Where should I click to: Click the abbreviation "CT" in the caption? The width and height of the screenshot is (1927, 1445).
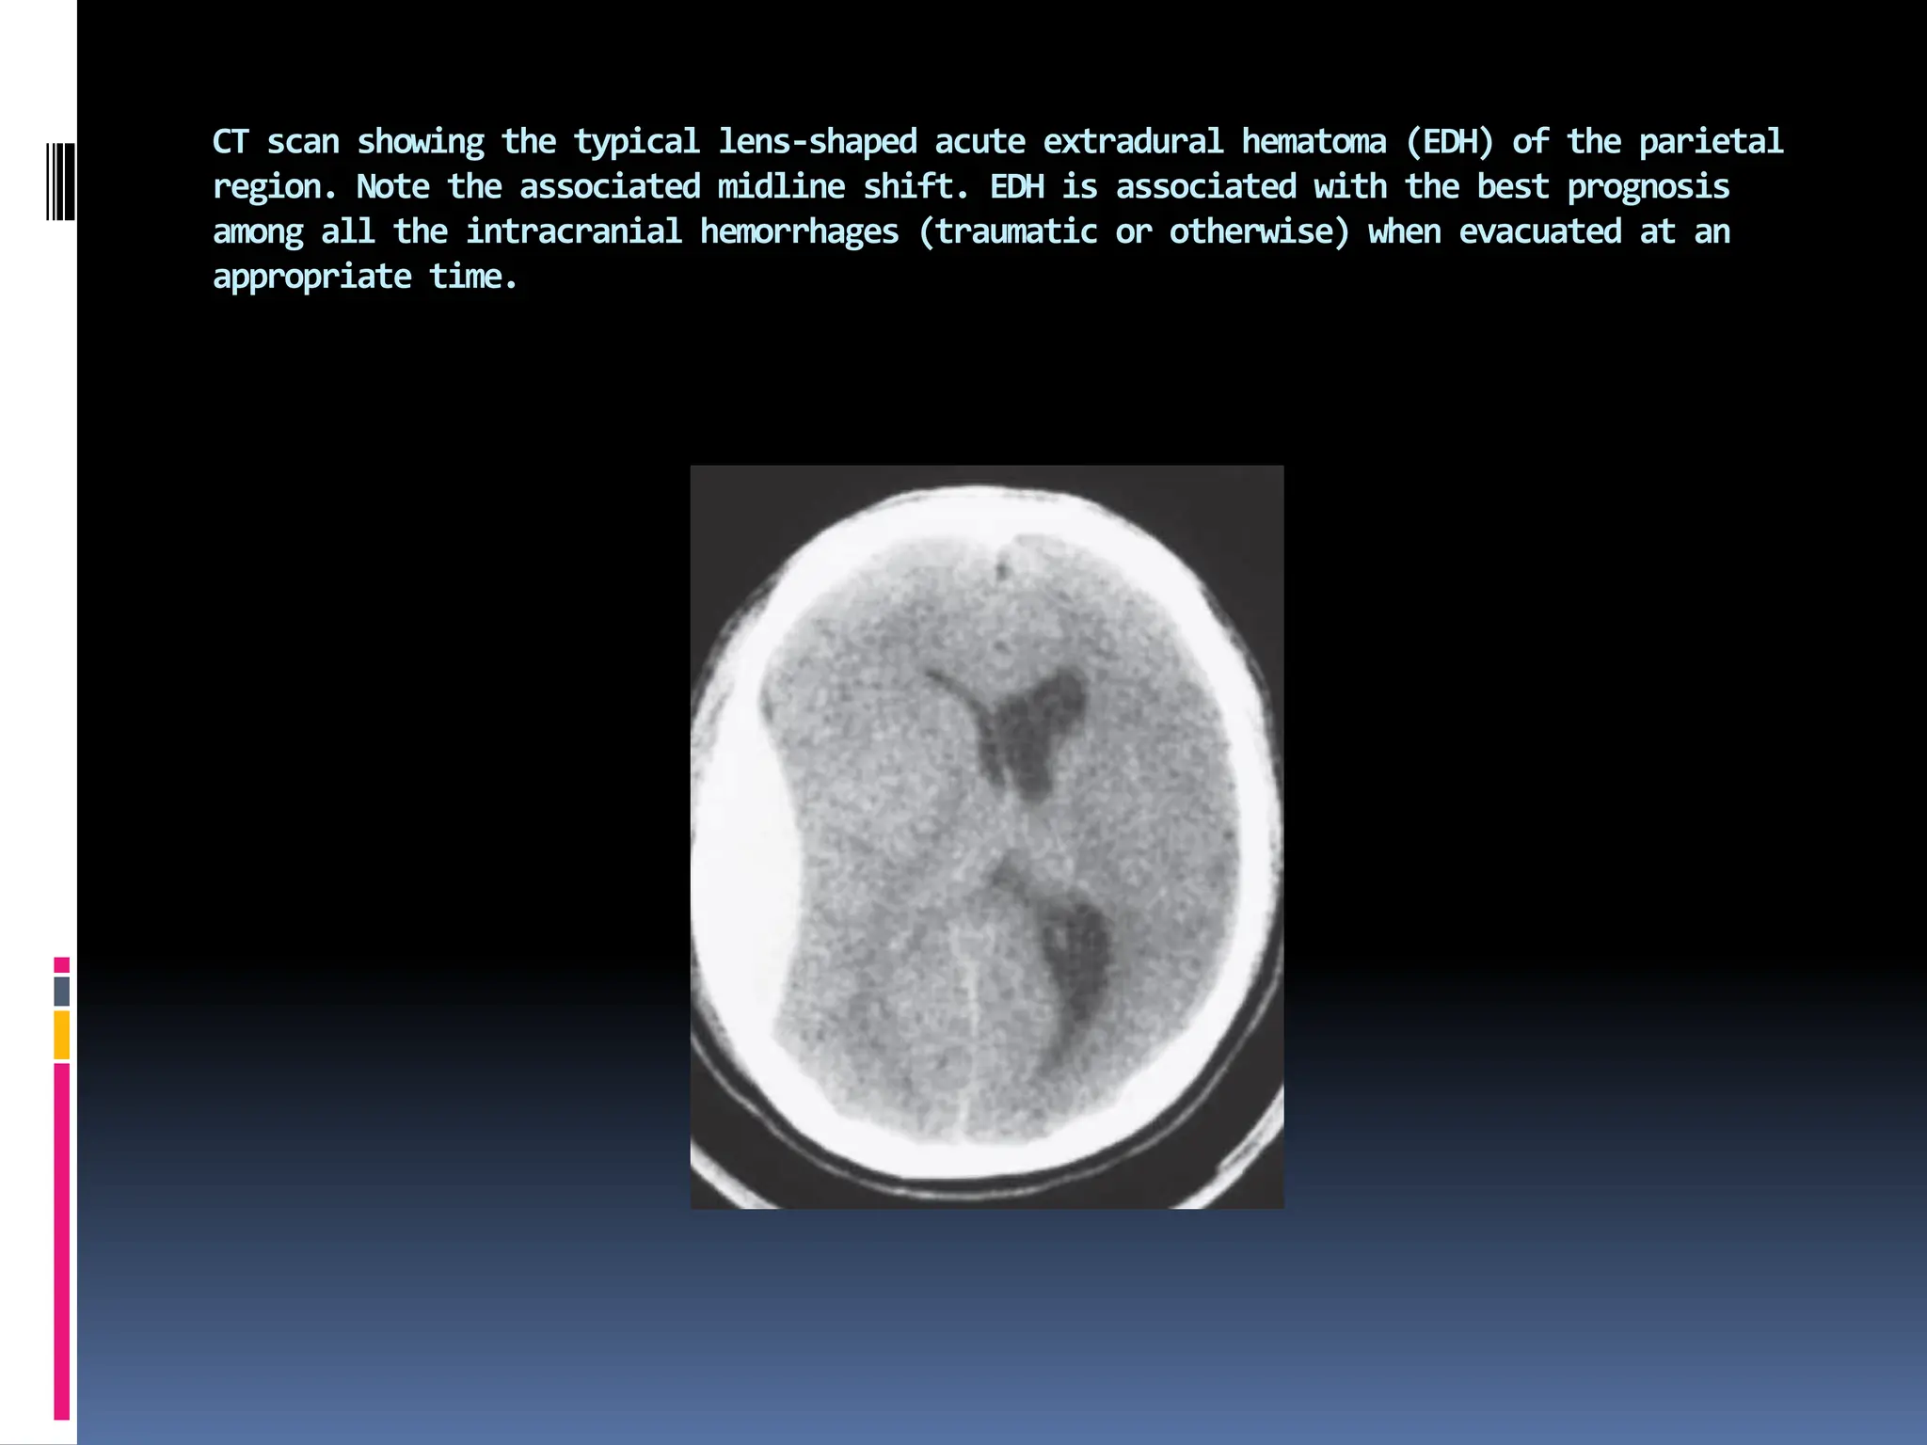point(231,142)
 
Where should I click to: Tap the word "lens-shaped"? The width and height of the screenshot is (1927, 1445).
point(818,142)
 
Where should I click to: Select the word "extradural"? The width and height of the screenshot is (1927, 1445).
point(1133,142)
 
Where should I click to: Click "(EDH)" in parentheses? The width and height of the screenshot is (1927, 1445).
point(1450,142)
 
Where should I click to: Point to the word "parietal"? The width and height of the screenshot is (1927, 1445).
point(1711,142)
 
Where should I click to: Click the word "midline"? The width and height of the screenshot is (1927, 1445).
point(781,187)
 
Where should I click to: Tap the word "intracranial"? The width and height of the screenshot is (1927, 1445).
point(574,232)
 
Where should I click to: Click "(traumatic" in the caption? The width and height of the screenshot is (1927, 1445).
point(1008,232)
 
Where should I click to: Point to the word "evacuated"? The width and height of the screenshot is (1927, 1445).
point(1540,232)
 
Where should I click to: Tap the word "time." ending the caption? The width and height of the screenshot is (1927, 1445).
point(473,278)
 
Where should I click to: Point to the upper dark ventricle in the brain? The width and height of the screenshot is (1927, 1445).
point(1030,729)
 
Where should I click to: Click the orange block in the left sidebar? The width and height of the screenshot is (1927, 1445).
point(62,1035)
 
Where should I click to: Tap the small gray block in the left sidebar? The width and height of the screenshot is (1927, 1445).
point(62,992)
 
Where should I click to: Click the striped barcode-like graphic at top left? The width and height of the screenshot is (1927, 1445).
point(61,182)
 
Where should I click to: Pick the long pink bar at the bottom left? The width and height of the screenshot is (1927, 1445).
point(62,1242)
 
